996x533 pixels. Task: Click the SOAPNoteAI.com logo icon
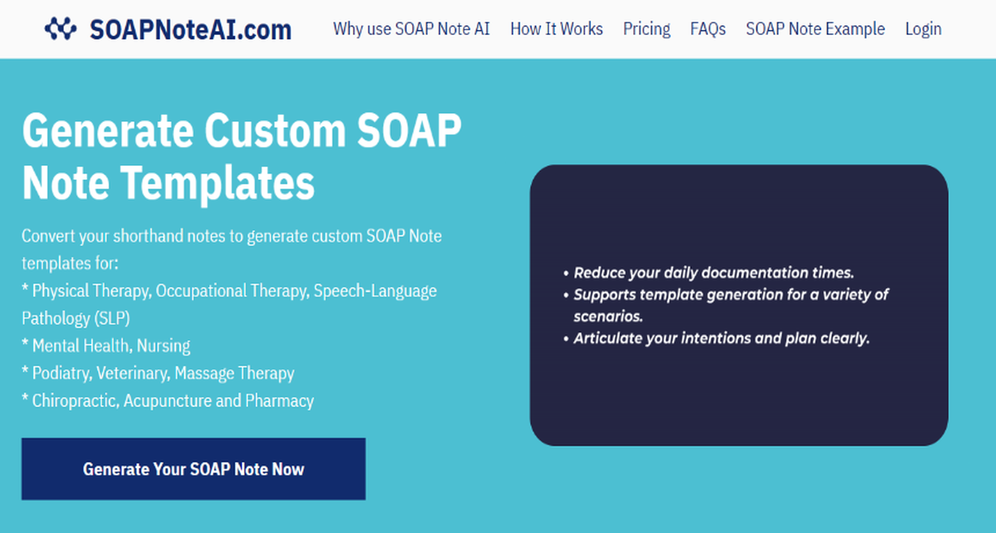[61, 29]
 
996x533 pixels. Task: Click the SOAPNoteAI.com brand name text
[190, 30]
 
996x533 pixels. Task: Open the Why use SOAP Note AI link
[411, 29]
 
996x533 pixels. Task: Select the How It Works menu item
[556, 29]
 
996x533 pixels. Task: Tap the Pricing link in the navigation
[646, 29]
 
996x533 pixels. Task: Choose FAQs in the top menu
[708, 29]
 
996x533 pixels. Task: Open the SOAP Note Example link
[815, 29]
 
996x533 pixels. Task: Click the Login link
[923, 29]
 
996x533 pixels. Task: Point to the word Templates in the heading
[218, 182]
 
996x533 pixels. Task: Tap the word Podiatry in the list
[62, 373]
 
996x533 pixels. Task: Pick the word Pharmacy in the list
[279, 401]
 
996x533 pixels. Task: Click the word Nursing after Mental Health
[163, 346]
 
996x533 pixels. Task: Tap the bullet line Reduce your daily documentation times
[713, 273]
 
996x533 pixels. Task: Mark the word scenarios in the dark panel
[608, 317]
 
